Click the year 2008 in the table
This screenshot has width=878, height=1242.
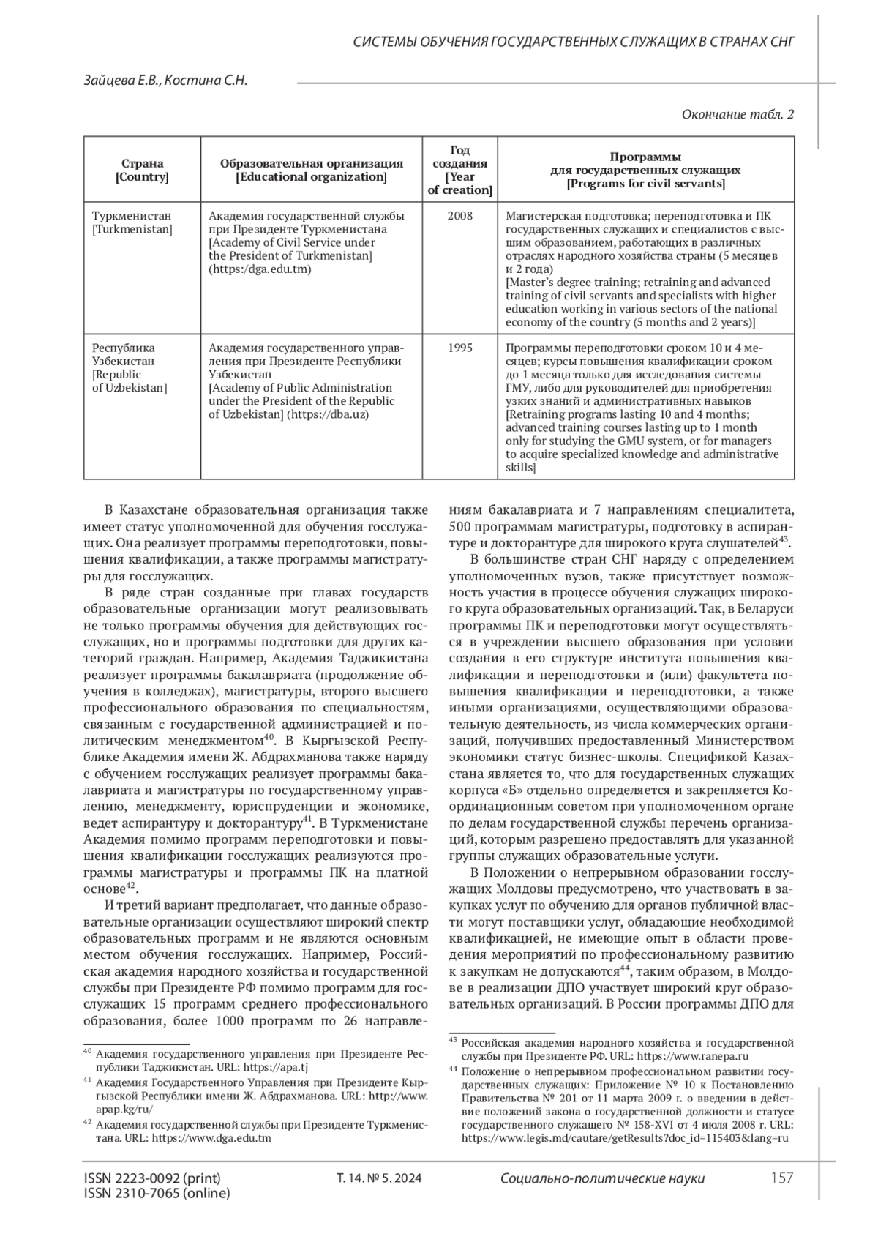459,216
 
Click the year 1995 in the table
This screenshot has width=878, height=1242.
459,348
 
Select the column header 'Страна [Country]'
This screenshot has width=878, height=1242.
142,170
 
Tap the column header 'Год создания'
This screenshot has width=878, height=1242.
459,170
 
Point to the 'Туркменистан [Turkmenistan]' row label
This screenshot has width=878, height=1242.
132,222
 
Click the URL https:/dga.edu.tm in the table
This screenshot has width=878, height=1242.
260,269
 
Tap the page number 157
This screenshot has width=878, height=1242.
782,1178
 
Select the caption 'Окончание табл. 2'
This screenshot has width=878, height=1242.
738,114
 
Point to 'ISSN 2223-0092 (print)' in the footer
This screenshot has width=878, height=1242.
152,1178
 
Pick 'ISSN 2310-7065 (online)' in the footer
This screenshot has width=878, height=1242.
157,1193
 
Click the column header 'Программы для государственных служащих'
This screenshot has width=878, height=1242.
645,170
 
